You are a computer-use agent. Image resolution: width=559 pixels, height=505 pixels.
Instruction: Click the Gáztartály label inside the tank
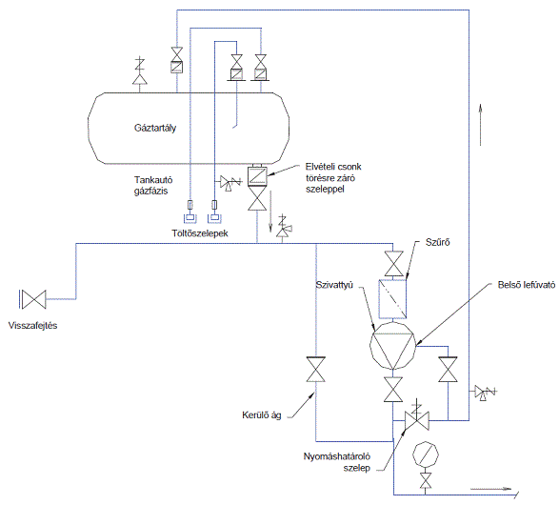pyautogui.click(x=155, y=128)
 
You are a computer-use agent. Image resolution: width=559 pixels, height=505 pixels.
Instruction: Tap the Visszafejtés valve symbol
pyautogui.click(x=34, y=299)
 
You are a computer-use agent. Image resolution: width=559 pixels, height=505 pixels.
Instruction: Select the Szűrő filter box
pyautogui.click(x=392, y=299)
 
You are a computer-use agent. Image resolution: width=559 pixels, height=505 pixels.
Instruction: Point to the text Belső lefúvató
pyautogui.click(x=527, y=285)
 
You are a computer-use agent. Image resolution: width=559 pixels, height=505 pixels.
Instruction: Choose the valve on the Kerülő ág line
pyautogui.click(x=316, y=369)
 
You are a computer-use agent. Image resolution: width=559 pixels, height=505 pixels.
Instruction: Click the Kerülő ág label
pyautogui.click(x=262, y=415)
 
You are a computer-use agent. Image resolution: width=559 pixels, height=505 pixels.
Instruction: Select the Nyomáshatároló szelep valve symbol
pyautogui.click(x=417, y=420)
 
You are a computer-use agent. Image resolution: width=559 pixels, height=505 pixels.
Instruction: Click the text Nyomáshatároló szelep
pyautogui.click(x=337, y=462)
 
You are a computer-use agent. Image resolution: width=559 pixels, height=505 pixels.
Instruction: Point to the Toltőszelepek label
pyautogui.click(x=200, y=233)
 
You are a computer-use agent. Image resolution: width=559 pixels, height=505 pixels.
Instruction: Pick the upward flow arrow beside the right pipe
pyautogui.click(x=481, y=125)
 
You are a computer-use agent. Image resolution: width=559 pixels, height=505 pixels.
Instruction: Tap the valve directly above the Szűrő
pyautogui.click(x=393, y=264)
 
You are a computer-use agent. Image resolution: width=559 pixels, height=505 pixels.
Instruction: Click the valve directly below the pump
pyautogui.click(x=393, y=390)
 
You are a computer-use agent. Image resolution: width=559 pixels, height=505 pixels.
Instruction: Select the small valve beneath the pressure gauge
pyautogui.click(x=426, y=481)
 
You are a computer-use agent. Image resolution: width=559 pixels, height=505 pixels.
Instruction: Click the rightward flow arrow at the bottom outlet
pyautogui.click(x=491, y=489)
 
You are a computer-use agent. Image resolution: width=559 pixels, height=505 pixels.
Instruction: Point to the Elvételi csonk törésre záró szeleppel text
pyautogui.click(x=333, y=177)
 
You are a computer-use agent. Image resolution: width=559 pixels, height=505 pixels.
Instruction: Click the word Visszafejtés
pyautogui.click(x=32, y=325)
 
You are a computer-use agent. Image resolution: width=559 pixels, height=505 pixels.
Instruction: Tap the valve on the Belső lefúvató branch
pyautogui.click(x=449, y=370)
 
